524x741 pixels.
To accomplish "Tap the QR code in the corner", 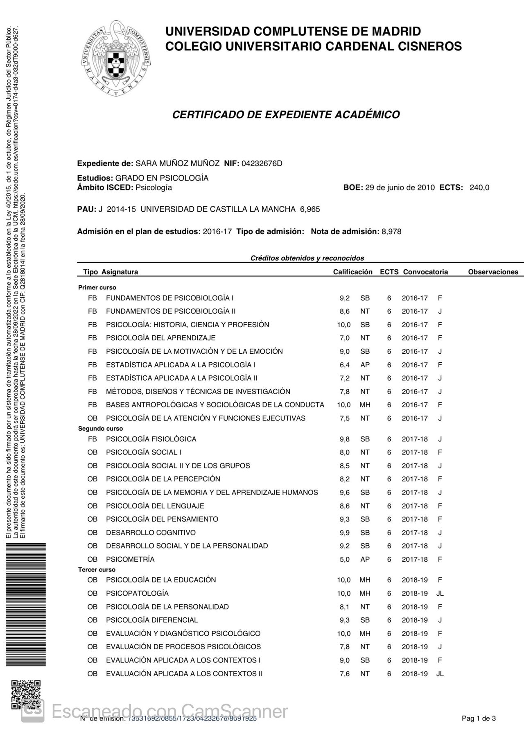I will [x=25, y=694].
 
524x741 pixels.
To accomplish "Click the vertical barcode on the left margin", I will [x=25, y=604].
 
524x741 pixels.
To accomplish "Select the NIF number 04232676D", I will [x=262, y=164].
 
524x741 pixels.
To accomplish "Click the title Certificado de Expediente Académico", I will [x=286, y=115].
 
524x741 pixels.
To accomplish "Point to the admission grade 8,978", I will [x=391, y=232].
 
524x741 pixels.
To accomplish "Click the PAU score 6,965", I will [x=310, y=210].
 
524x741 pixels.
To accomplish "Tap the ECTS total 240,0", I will [x=479, y=188].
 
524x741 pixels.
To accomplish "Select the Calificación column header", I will [x=352, y=272].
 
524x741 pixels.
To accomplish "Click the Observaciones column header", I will [x=493, y=272].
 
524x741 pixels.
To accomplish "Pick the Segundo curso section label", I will [x=100, y=429].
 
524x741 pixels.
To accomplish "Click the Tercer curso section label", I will [x=97, y=570].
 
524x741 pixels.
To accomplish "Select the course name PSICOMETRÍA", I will [x=130, y=560].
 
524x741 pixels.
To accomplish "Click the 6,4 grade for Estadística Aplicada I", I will [x=344, y=365].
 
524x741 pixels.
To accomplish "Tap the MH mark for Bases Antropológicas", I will [x=365, y=405].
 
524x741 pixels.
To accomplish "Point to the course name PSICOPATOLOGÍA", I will [x=137, y=594].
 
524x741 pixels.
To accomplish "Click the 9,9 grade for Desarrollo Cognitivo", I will [x=344, y=533].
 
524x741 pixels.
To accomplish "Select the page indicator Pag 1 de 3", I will [x=479, y=718].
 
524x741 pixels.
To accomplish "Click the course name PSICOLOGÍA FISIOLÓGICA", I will [x=151, y=439].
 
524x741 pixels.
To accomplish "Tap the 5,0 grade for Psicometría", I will [x=344, y=560].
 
